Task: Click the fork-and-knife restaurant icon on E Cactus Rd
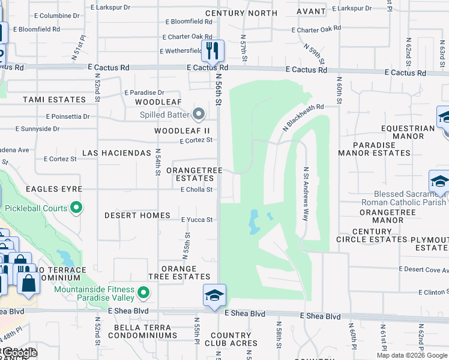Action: point(212,50)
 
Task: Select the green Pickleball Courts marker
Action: point(76,208)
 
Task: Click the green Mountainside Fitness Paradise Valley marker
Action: point(143,293)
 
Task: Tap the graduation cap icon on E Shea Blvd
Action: point(214,295)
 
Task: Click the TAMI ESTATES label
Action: point(55,100)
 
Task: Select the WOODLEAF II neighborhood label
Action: point(182,130)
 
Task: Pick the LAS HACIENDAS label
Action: point(116,153)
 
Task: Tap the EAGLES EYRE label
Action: point(53,189)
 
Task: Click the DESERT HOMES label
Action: point(137,215)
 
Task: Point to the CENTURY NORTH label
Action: point(241,13)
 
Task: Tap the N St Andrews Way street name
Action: point(306,194)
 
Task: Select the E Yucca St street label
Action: point(197,220)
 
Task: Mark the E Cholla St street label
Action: point(196,190)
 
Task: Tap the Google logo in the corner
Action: point(19,353)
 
